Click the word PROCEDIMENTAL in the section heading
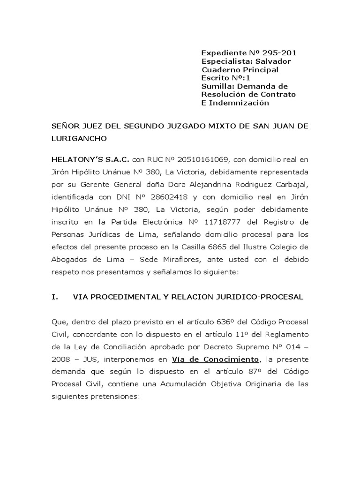click(117, 297)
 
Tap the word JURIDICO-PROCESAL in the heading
click(265, 297)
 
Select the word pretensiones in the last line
click(115, 395)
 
